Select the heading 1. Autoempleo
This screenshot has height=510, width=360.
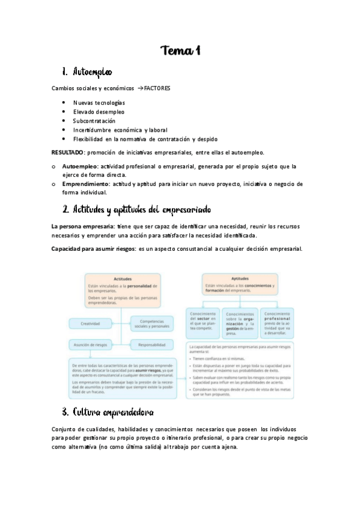(x=91, y=72)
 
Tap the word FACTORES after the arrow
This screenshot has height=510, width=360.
(x=157, y=88)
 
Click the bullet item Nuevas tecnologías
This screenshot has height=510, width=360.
(x=99, y=103)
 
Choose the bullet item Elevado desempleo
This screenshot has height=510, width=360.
(x=99, y=112)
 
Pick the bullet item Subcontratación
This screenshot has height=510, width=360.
(x=93, y=121)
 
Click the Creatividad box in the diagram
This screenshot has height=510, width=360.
(x=97, y=324)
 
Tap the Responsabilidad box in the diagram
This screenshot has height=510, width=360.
(x=153, y=345)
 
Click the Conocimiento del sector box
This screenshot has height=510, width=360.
(x=204, y=322)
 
